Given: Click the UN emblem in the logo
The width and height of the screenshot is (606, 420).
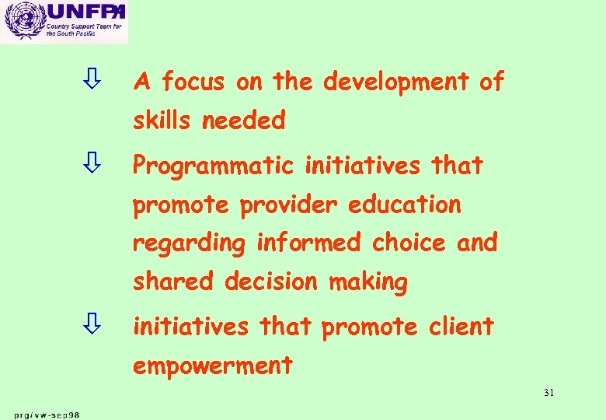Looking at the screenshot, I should [x=23, y=22].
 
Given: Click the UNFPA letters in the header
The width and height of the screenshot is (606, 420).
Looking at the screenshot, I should [x=85, y=12].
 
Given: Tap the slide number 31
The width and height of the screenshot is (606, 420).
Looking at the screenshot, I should [x=549, y=393].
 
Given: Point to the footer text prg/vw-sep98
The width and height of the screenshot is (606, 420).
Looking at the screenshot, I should [x=46, y=414].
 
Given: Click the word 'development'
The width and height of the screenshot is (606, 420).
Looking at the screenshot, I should [x=396, y=81].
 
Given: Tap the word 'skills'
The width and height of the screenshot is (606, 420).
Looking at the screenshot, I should [x=162, y=121].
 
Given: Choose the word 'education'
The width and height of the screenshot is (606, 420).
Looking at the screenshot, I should [x=405, y=205].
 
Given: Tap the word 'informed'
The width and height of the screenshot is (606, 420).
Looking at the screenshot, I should [x=308, y=243].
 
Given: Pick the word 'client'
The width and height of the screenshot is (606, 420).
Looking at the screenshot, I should [x=461, y=327].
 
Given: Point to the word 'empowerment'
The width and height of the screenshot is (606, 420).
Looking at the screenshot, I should [x=213, y=366].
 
